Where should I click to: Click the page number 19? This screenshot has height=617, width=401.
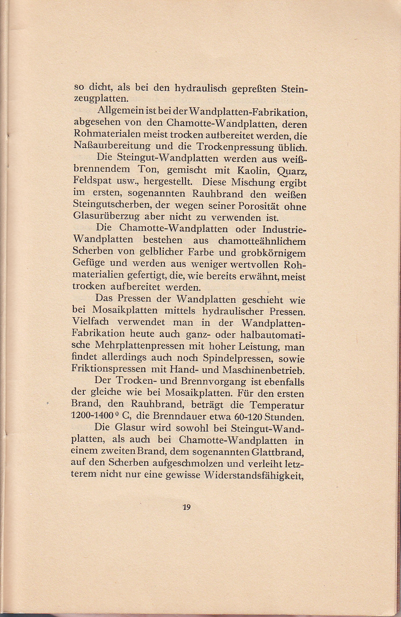[x=186, y=507]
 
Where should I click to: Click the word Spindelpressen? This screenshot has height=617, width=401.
[x=238, y=358]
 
